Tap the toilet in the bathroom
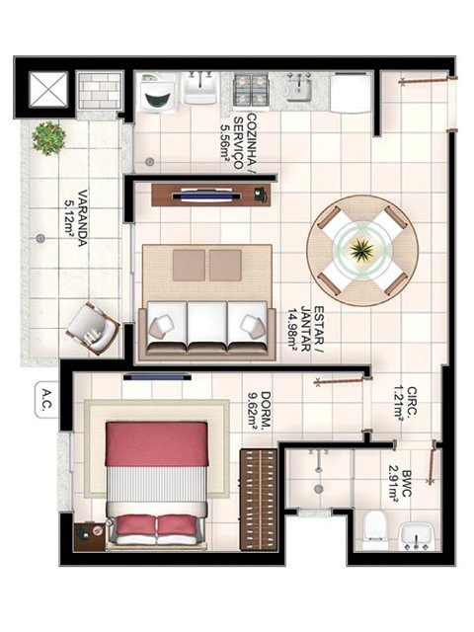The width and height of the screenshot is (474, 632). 375,529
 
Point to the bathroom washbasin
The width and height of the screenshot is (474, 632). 416,537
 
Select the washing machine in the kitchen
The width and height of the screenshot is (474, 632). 158,92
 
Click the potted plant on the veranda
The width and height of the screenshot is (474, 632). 48,136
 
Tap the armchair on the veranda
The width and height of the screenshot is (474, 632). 94,327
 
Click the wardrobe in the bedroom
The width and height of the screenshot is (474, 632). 259,499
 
